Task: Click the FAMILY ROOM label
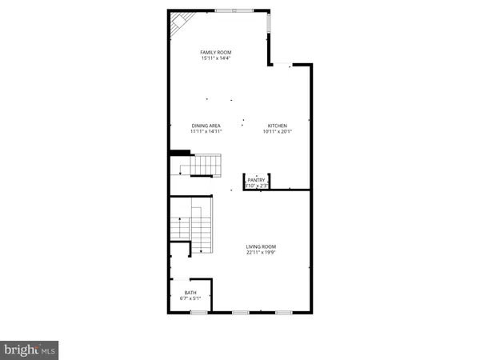tap(217, 52)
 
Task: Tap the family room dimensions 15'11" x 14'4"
tap(217, 58)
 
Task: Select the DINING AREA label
tap(206, 126)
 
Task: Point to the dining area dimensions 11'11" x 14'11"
tap(206, 132)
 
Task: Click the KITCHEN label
tap(277, 126)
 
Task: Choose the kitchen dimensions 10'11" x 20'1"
tap(277, 132)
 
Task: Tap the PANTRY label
tap(256, 181)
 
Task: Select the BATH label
tap(190, 293)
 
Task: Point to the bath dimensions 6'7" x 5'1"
tap(190, 299)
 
